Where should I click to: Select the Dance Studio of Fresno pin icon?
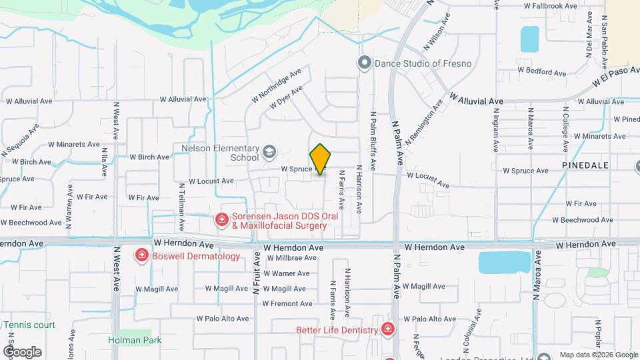[x=364, y=63]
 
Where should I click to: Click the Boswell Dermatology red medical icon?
[x=141, y=255]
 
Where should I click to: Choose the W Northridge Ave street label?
[x=277, y=85]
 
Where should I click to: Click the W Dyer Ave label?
[x=286, y=97]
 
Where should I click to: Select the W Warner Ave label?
[x=286, y=273]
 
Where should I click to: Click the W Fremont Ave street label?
[x=287, y=304]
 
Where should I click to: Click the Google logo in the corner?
[x=21, y=351]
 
